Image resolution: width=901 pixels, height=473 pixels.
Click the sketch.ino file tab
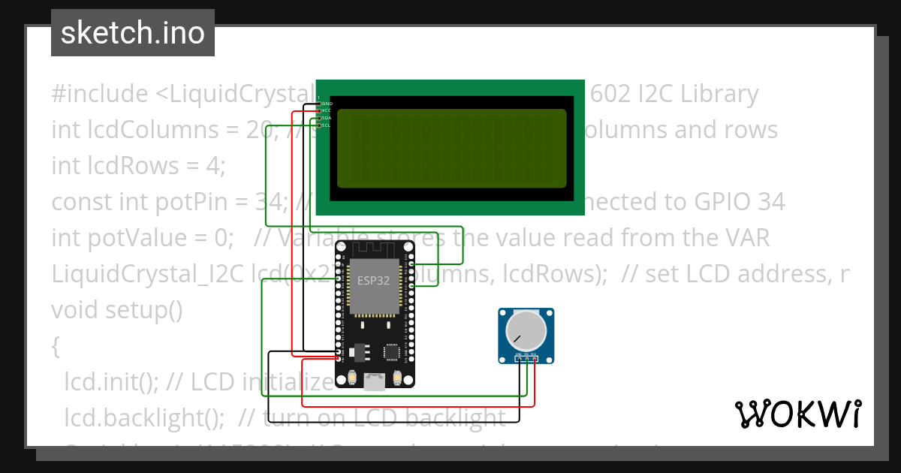click(132, 34)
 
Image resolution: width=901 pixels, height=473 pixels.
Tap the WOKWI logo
click(797, 414)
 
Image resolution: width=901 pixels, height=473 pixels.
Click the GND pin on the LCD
click(320, 103)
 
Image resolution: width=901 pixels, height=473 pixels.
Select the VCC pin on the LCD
click(320, 110)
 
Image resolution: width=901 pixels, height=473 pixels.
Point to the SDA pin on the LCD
click(320, 118)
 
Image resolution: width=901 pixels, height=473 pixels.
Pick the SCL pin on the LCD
click(320, 125)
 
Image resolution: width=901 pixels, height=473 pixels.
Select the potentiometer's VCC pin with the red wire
click(534, 359)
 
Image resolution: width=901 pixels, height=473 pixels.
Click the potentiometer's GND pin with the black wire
click(519, 359)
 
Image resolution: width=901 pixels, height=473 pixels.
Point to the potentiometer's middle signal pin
click(526, 359)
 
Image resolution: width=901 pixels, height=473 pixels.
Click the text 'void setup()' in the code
click(116, 310)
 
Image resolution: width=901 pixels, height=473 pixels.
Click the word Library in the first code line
click(715, 94)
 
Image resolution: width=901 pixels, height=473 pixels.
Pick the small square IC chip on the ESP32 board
click(391, 352)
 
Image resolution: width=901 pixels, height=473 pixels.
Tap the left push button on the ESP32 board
click(350, 376)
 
